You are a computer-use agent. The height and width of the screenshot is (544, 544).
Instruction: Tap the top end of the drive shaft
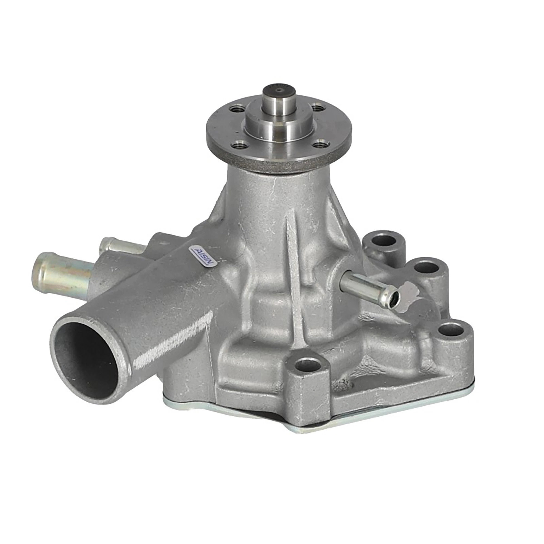click(x=279, y=91)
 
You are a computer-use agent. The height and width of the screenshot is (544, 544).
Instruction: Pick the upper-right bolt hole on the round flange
click(x=318, y=107)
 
